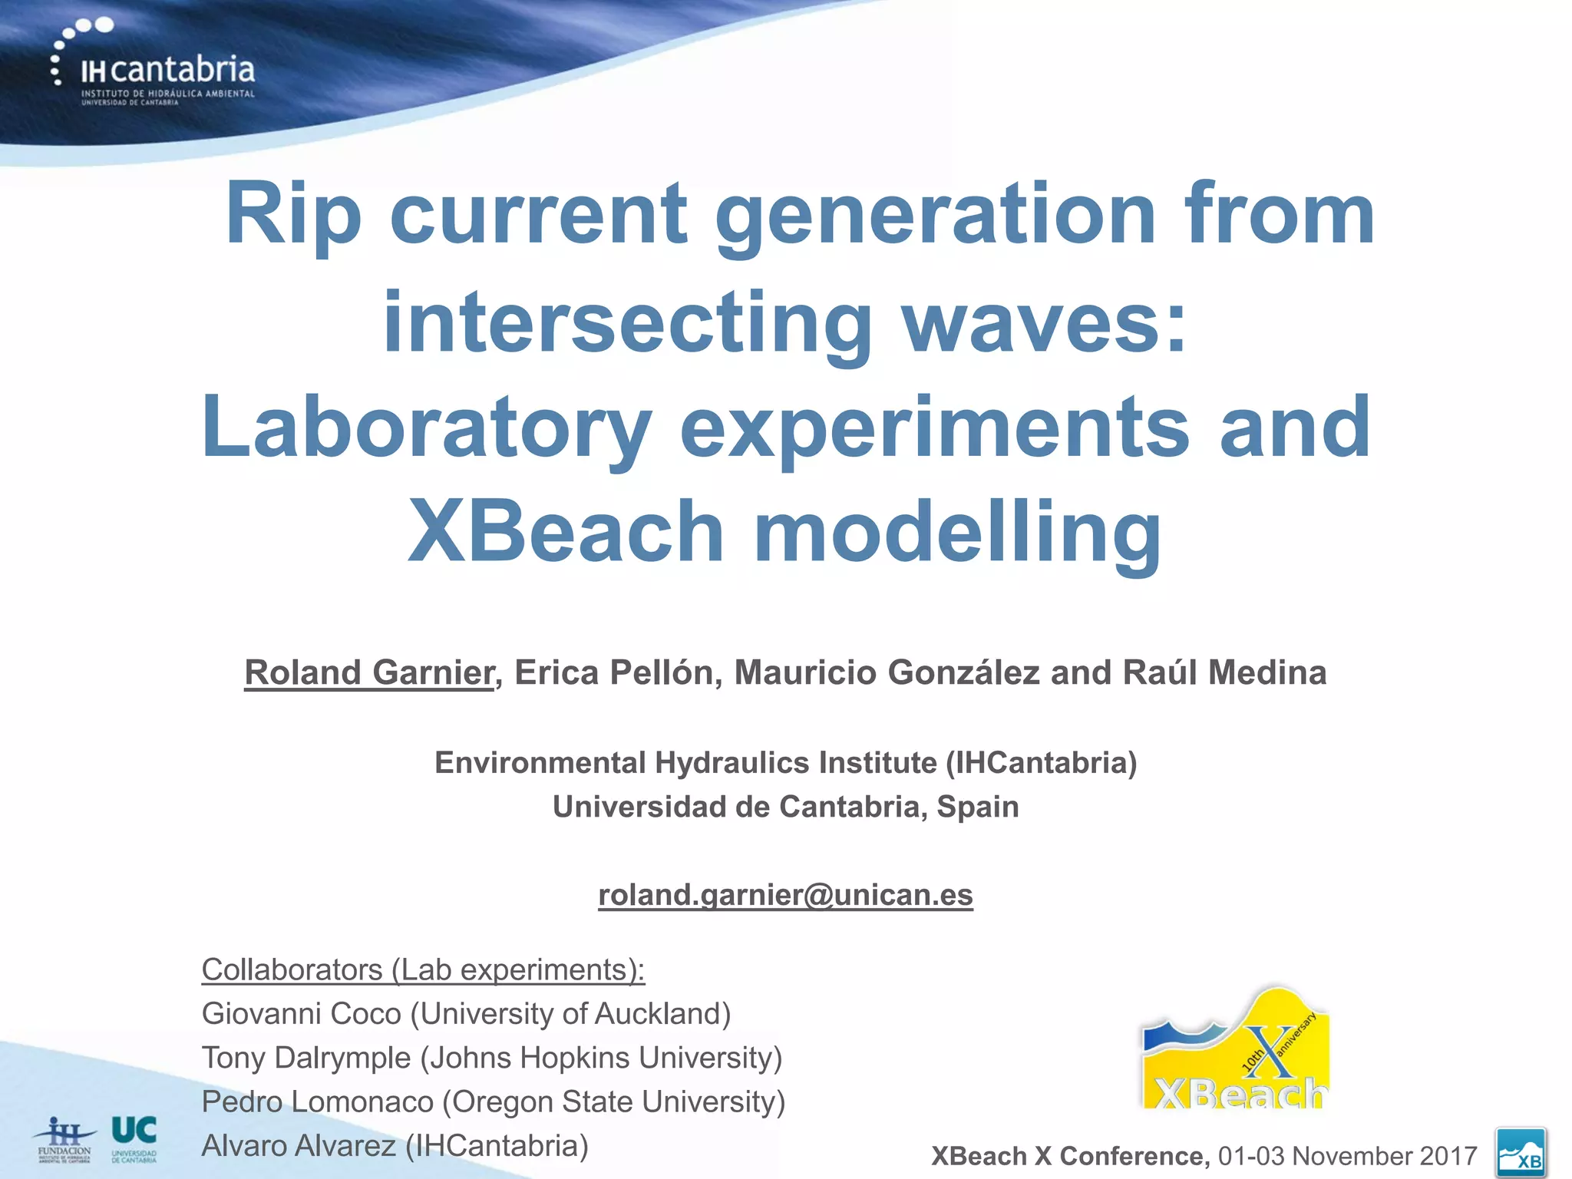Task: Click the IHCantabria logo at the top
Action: pyautogui.click(x=154, y=65)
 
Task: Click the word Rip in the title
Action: pyautogui.click(x=292, y=215)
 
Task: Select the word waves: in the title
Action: pyautogui.click(x=1044, y=322)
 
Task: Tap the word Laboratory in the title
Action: pyautogui.click(x=426, y=428)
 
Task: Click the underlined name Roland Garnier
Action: pyautogui.click(x=369, y=673)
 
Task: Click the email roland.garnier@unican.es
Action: pyautogui.click(x=785, y=895)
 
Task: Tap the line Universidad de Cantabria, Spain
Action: pyautogui.click(x=785, y=807)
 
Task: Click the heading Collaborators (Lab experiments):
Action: pyautogui.click(x=423, y=970)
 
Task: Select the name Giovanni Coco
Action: pyautogui.click(x=301, y=1014)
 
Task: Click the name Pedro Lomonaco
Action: pyautogui.click(x=317, y=1102)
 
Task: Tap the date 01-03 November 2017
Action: pyautogui.click(x=1347, y=1156)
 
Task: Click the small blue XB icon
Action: pyautogui.click(x=1521, y=1152)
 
